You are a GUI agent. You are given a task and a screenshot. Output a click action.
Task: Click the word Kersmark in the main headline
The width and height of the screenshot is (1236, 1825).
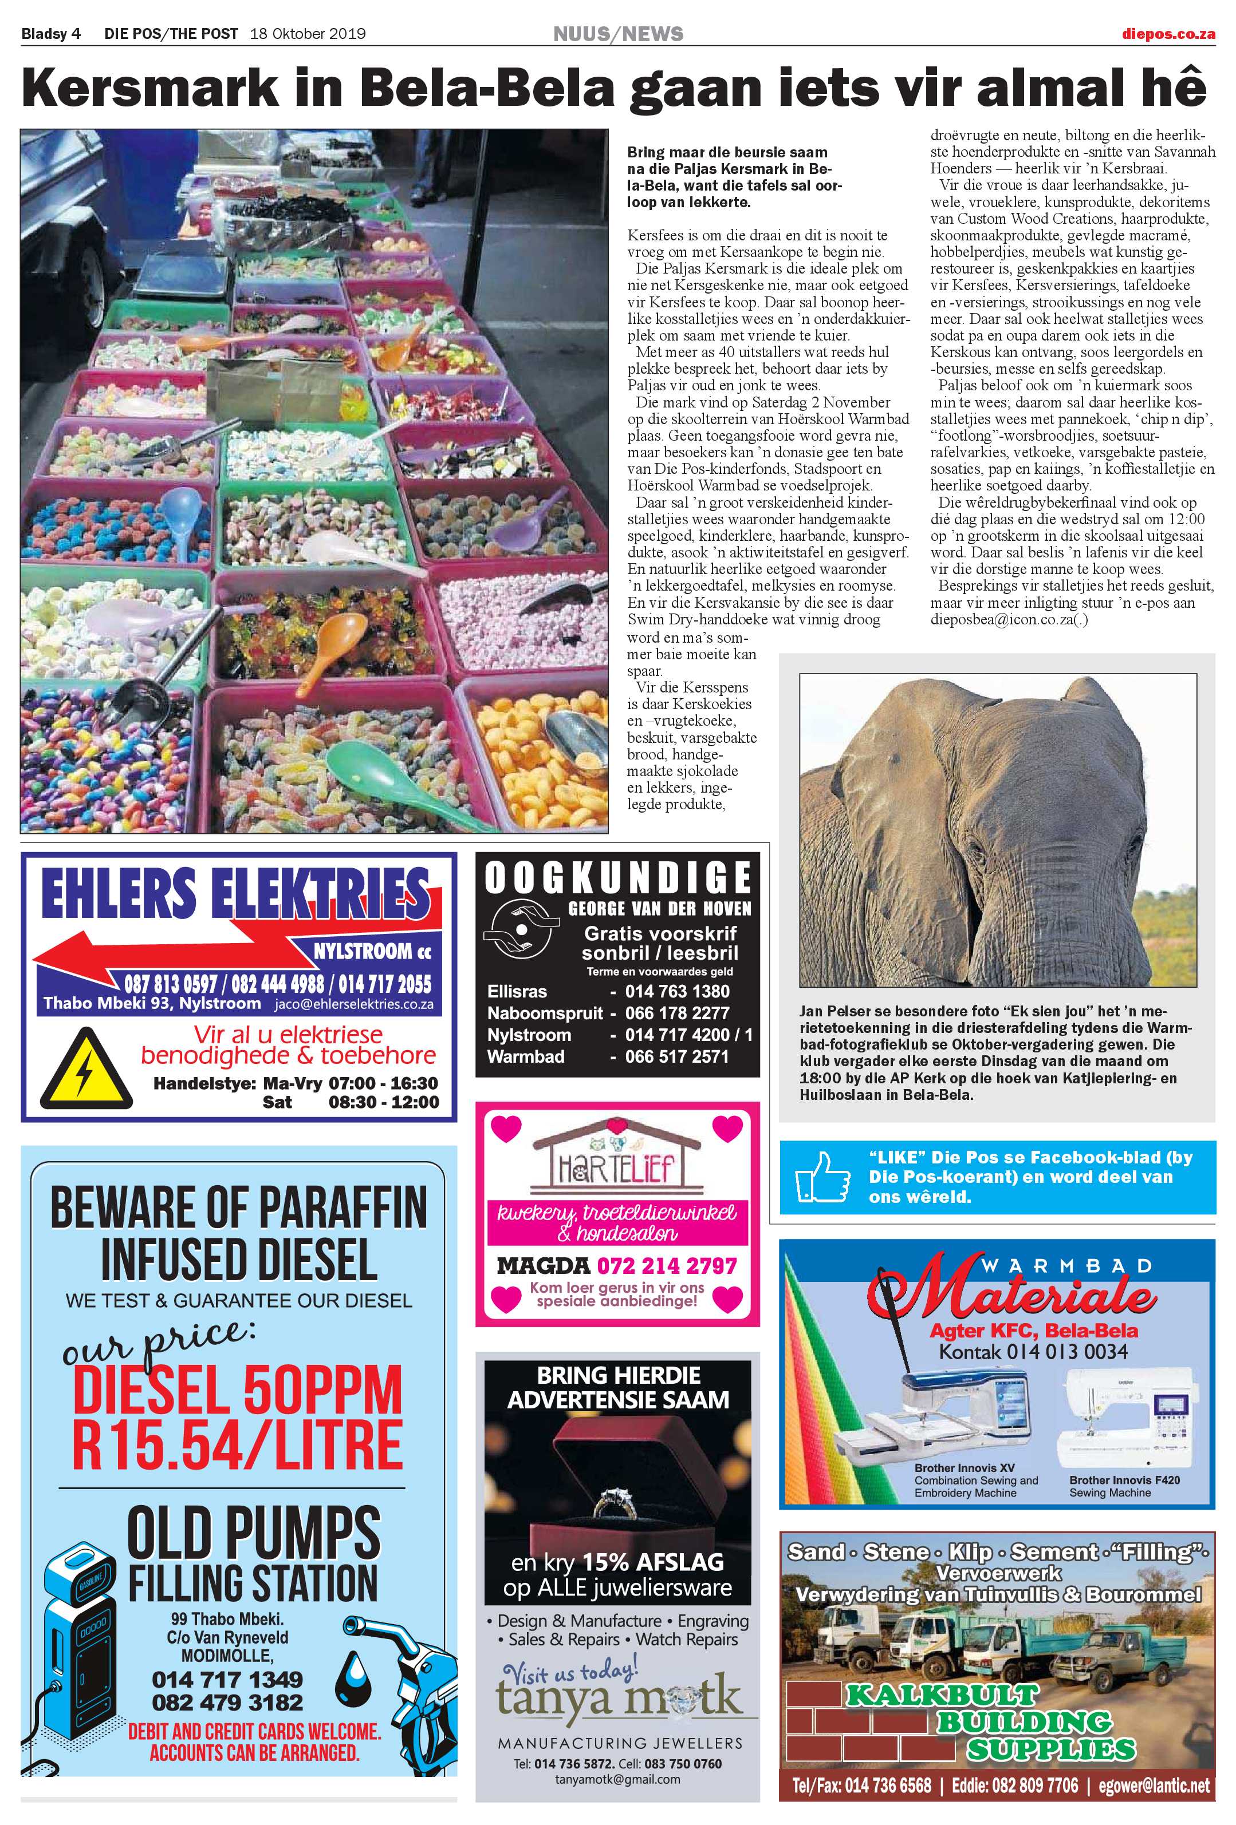point(149,89)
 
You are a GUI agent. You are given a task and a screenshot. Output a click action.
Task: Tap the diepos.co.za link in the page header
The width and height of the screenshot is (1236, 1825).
point(1168,34)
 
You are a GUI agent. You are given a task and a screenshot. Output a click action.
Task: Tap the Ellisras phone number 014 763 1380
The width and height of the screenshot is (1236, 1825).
point(678,991)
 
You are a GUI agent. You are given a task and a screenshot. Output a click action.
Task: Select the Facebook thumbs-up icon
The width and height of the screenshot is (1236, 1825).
point(822,1177)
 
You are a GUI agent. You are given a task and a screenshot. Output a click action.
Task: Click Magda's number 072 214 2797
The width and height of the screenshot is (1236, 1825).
point(667,1266)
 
